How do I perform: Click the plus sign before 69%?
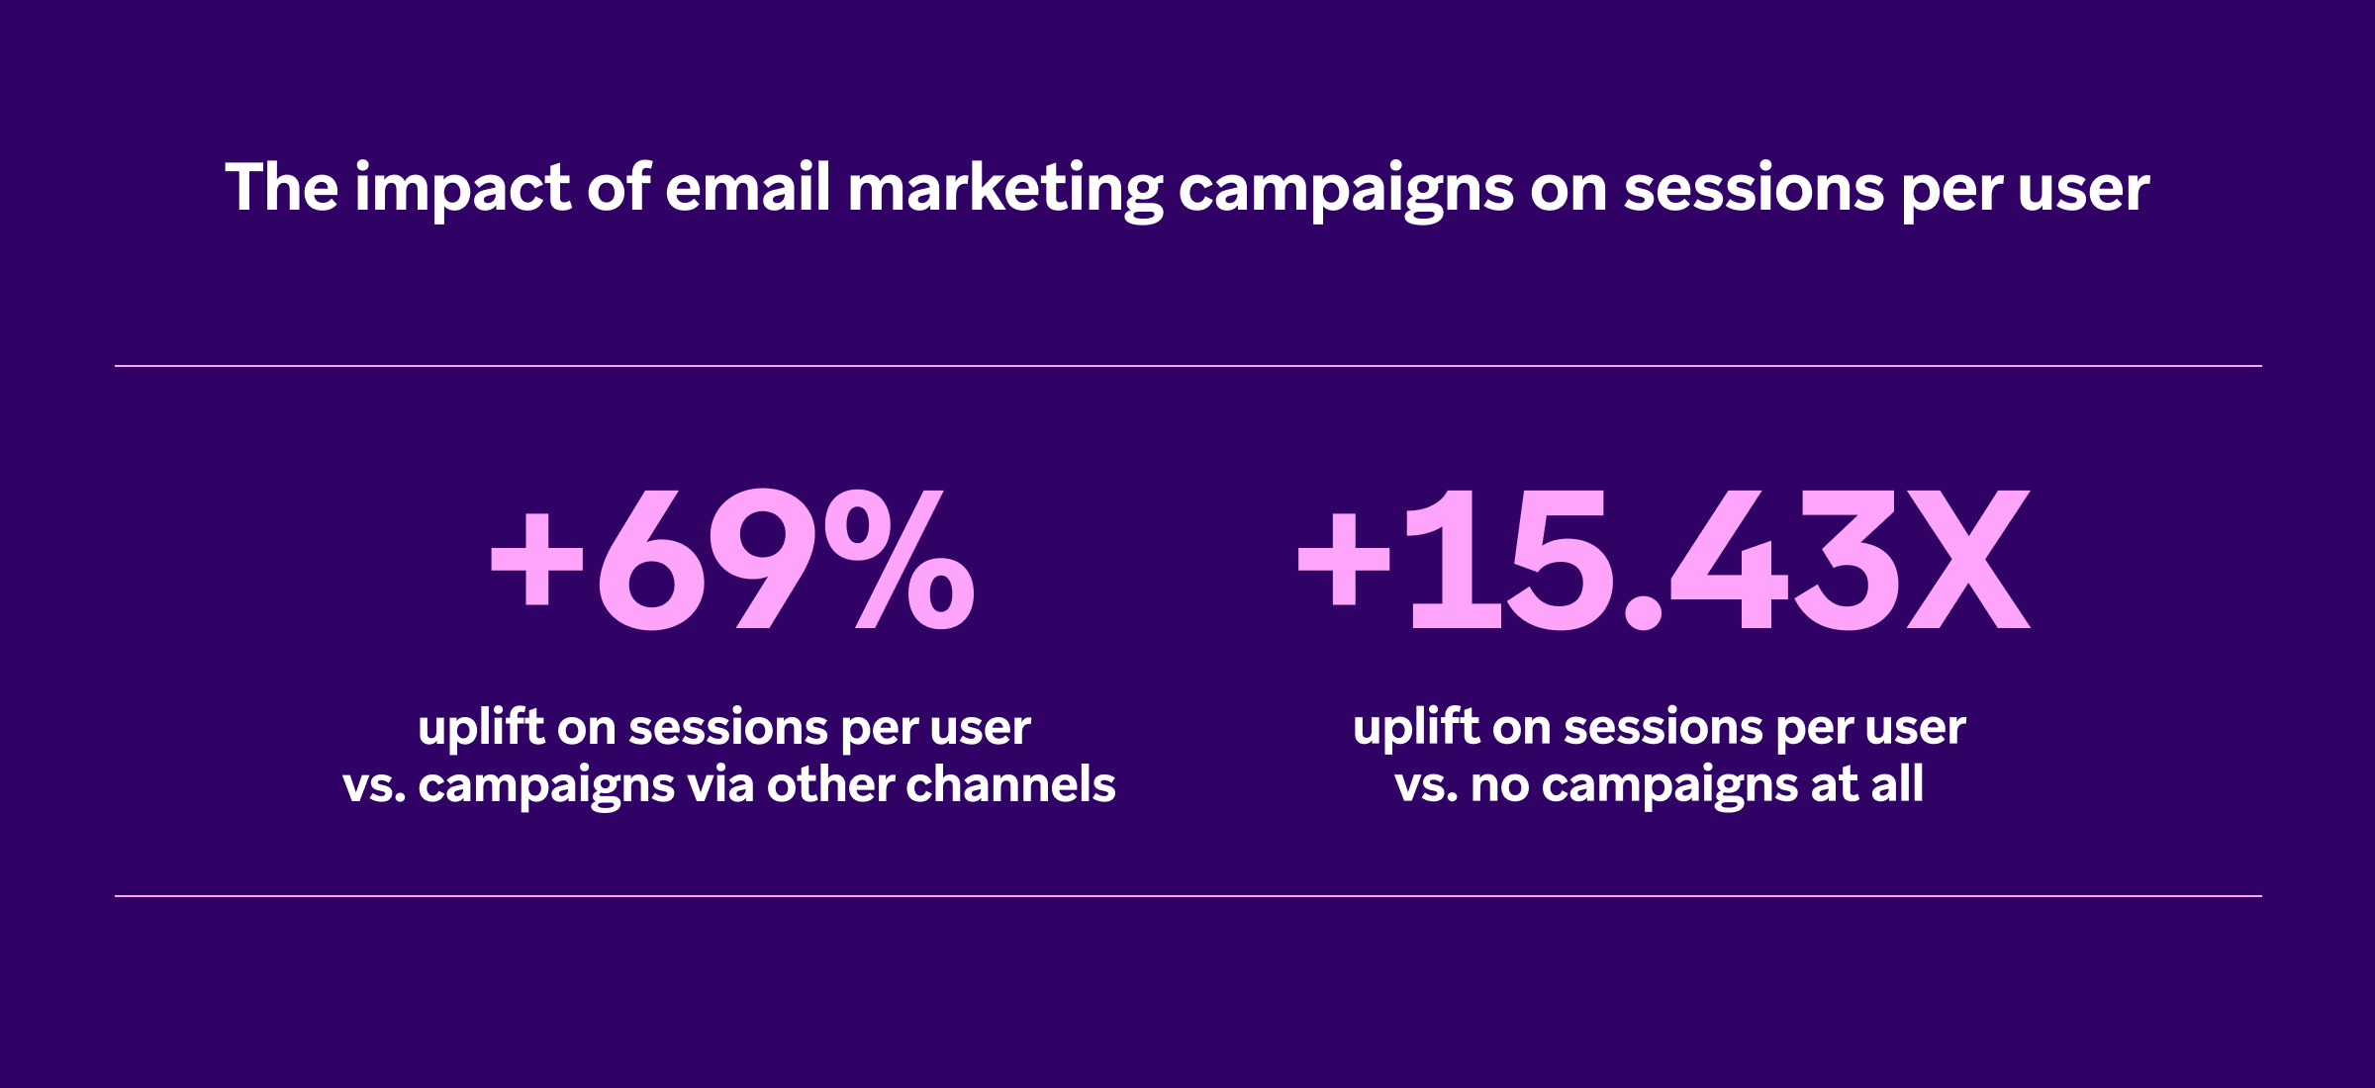(537, 559)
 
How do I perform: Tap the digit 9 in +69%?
(764, 559)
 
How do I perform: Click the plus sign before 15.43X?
(1344, 559)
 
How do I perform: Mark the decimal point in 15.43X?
(1644, 612)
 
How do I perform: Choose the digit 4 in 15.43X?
(1729, 560)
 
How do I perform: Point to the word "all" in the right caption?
(1897, 783)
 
